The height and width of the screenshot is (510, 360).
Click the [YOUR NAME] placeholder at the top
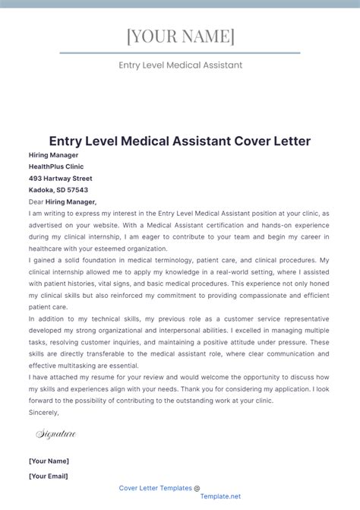[180, 36]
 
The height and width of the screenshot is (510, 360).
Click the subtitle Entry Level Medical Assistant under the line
[180, 65]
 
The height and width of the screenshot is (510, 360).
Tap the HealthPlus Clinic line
[55, 166]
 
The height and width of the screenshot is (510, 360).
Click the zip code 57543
[77, 190]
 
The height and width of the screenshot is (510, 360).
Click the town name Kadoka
[41, 190]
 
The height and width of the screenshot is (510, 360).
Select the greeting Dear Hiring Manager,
[62, 202]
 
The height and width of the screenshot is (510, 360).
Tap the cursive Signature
[56, 434]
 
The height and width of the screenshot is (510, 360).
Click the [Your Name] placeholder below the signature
[49, 461]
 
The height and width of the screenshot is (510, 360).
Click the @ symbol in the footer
[197, 488]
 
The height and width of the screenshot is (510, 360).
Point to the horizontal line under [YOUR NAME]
[180, 53]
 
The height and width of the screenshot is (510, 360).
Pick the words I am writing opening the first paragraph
[47, 214]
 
